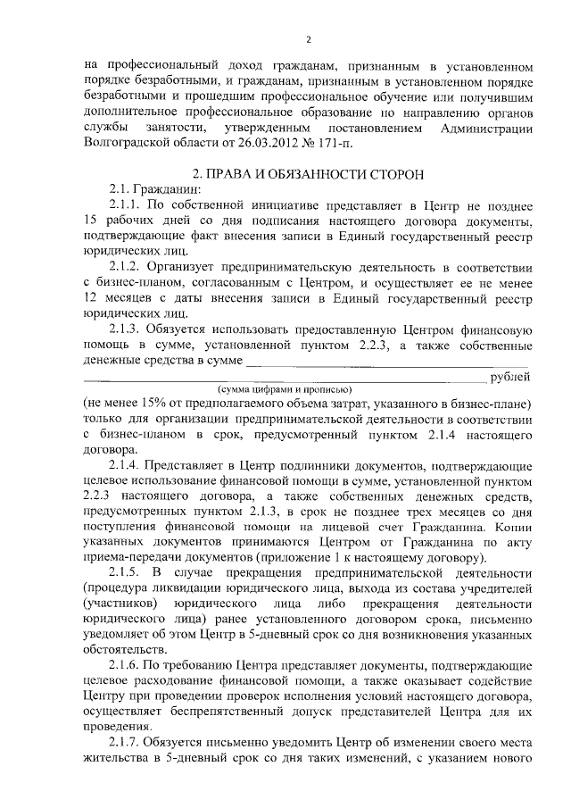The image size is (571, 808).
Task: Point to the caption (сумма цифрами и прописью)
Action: tap(281, 390)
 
